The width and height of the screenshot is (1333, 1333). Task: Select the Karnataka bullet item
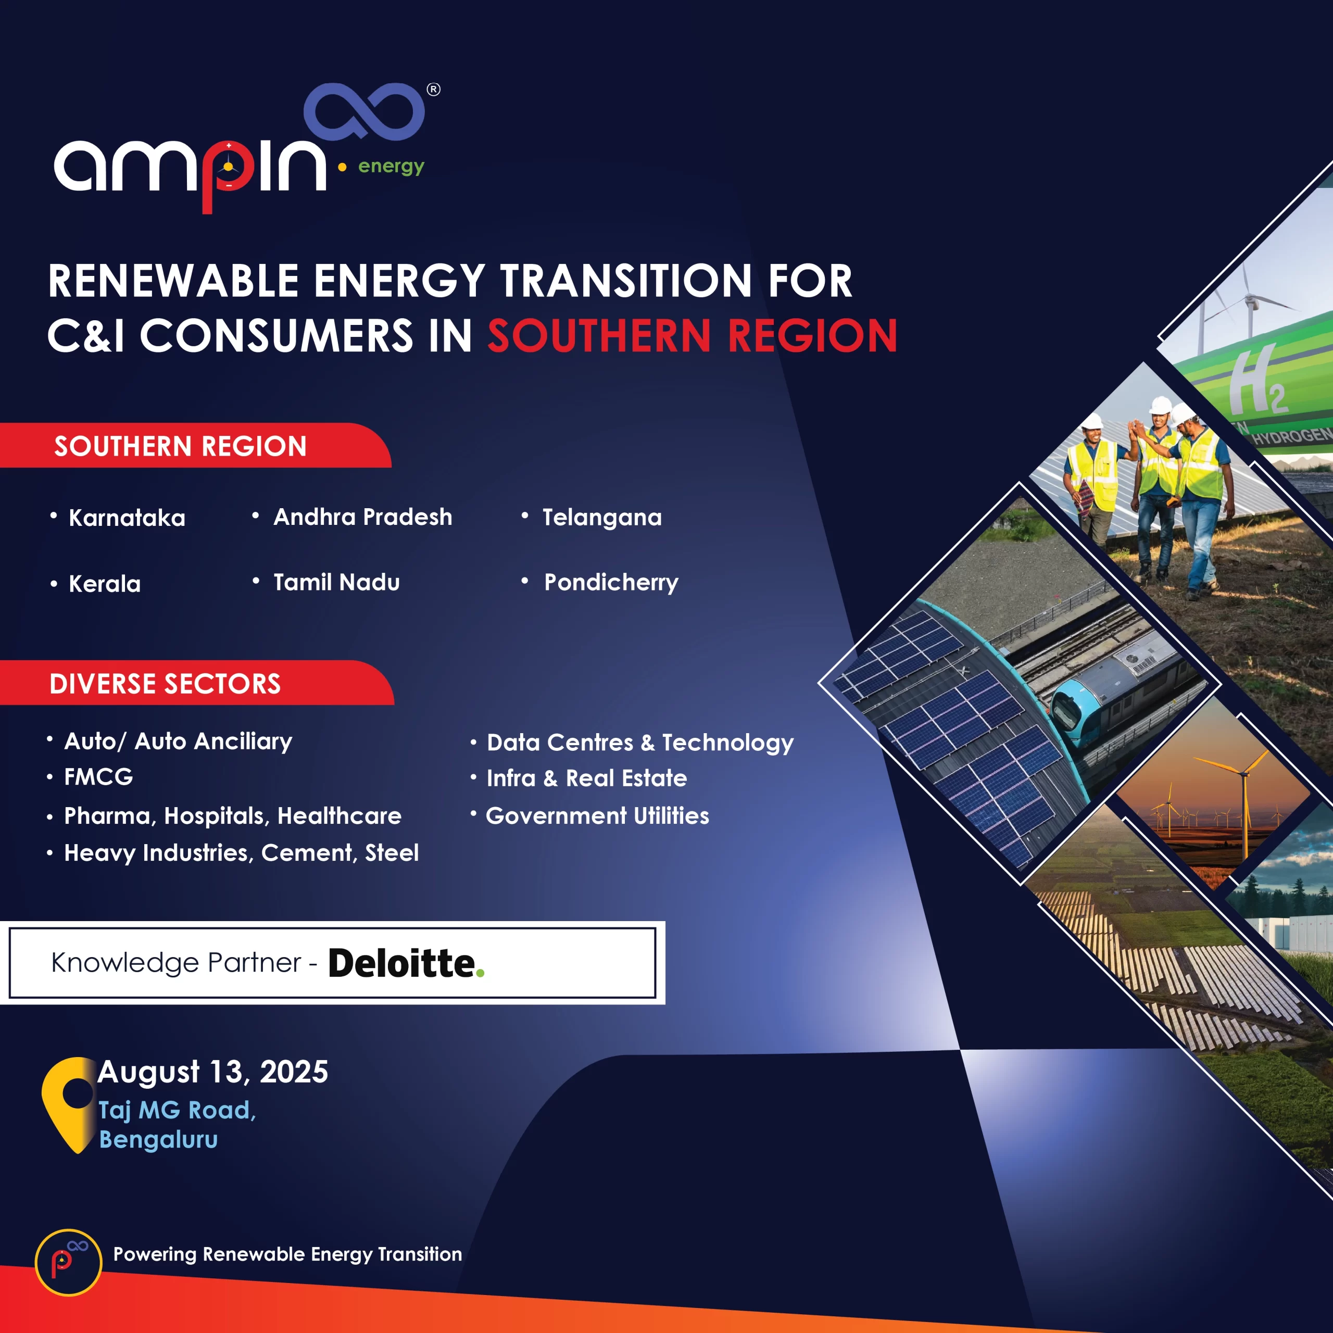coord(127,518)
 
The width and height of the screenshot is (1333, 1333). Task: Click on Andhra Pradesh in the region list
coord(363,517)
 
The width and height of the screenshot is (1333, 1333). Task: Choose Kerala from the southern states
coord(105,584)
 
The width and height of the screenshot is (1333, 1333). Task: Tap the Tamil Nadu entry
coord(337,582)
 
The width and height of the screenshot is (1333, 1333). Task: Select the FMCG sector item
coord(98,777)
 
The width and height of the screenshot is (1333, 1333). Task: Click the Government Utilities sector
coord(597,815)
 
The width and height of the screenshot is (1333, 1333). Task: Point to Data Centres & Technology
coord(640,743)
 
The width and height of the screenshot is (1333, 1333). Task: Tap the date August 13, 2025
coord(213,1072)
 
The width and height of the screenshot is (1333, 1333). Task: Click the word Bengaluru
coord(159,1140)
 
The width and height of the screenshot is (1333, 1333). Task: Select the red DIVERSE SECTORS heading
coord(166,684)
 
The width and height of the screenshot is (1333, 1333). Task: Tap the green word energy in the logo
coord(391,168)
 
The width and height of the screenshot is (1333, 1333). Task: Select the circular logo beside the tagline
coord(68,1263)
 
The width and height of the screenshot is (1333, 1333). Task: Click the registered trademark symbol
coord(433,90)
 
